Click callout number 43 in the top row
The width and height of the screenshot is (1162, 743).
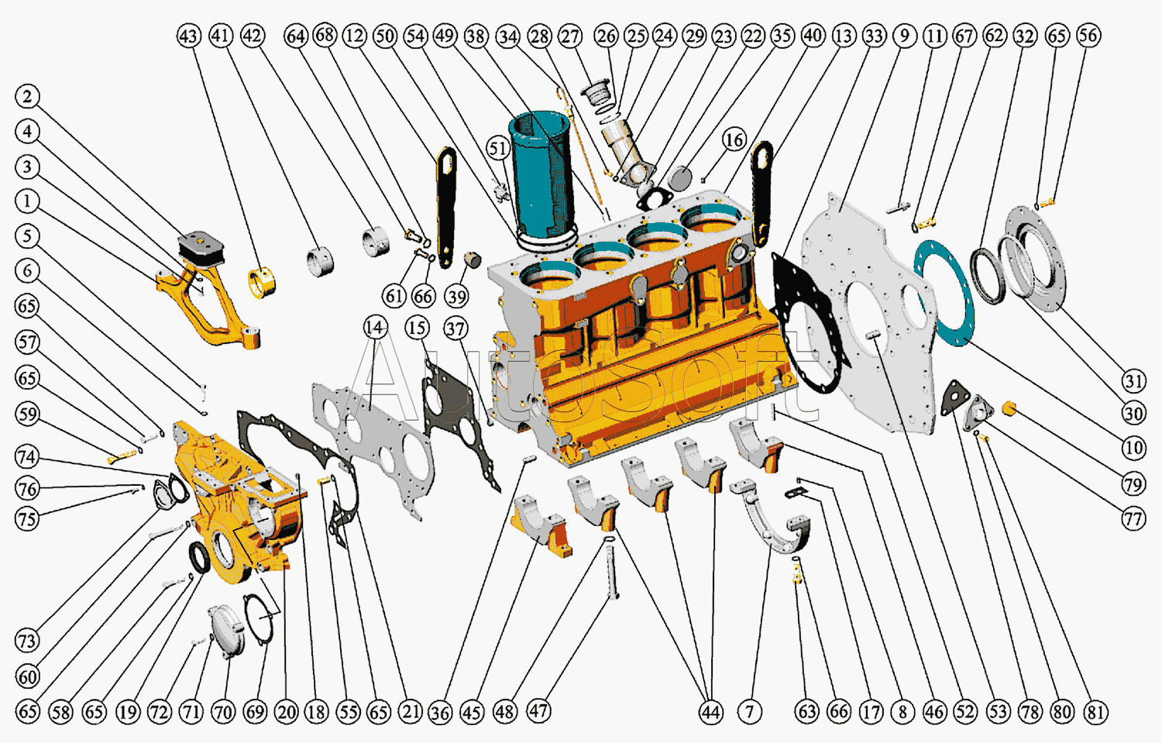(188, 36)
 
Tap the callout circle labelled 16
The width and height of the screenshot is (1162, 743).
(734, 140)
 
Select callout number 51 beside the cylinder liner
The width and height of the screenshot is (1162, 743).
(498, 149)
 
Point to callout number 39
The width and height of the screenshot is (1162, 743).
(456, 297)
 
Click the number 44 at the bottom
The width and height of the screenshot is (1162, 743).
(710, 712)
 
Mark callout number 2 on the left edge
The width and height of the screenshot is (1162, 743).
(27, 97)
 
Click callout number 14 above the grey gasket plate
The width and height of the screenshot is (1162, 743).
(375, 328)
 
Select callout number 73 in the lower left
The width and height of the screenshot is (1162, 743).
(27, 640)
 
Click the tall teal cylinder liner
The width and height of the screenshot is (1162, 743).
(542, 177)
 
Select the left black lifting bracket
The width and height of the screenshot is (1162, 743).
(446, 208)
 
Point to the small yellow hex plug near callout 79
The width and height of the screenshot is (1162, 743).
(1009, 408)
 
